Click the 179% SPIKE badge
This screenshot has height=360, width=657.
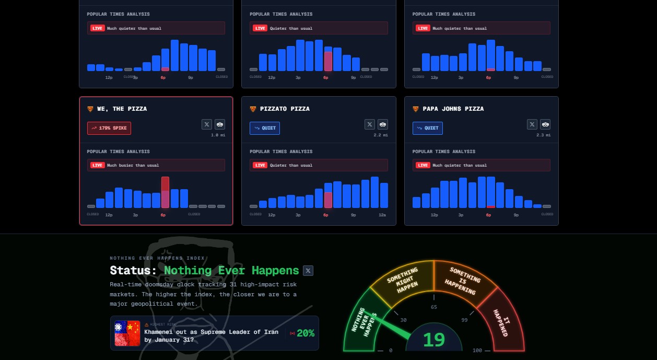tap(109, 128)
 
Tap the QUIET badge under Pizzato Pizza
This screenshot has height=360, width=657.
tap(265, 128)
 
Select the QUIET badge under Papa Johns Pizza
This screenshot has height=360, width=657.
tap(428, 128)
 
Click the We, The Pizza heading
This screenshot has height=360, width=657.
tap(122, 109)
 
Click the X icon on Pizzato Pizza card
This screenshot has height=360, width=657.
tap(370, 124)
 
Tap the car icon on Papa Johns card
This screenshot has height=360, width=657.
tap(546, 124)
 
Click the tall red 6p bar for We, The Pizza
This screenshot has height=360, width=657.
tap(165, 192)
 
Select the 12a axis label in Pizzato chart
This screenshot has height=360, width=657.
tap(382, 215)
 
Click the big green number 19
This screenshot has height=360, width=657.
tap(434, 340)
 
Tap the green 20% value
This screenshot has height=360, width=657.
tap(306, 333)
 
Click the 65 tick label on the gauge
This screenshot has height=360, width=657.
tap(434, 307)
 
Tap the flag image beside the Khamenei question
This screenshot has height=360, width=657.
tap(127, 333)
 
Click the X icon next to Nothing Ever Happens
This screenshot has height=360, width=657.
tap(308, 271)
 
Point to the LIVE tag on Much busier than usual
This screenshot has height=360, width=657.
tap(98, 165)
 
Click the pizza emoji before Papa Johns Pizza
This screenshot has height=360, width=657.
tap(416, 109)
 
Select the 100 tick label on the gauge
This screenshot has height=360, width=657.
tap(477, 351)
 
